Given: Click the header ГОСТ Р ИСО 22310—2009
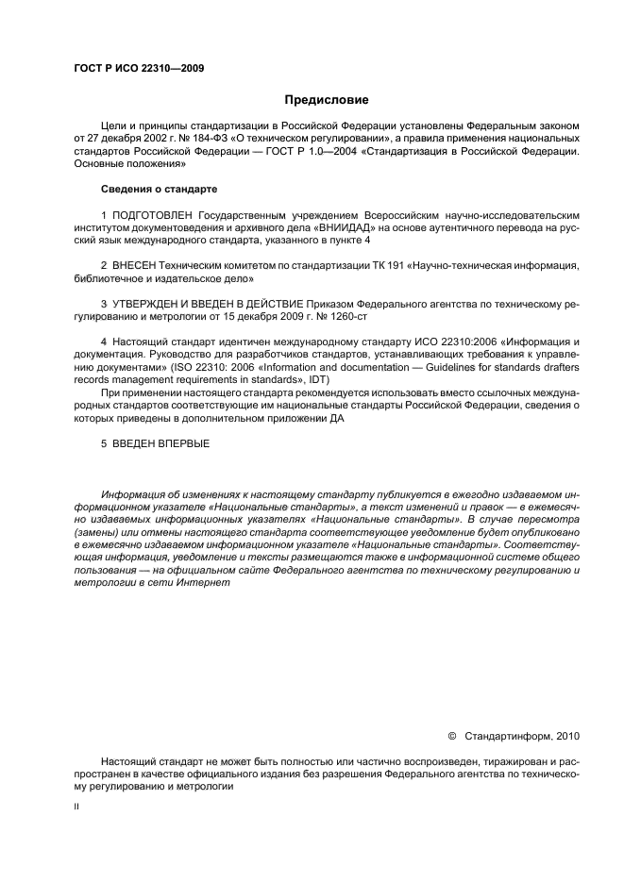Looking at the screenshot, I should (x=139, y=68).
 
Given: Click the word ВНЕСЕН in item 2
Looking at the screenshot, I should (x=138, y=267).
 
